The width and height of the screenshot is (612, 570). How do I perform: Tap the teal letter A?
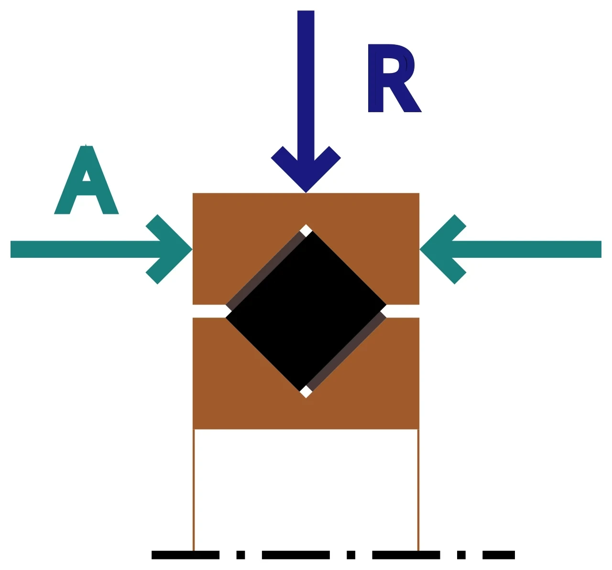pyautogui.click(x=86, y=180)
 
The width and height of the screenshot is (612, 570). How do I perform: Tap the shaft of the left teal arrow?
pyautogui.click(x=86, y=249)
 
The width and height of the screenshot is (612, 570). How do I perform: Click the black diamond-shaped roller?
pyautogui.click(x=306, y=311)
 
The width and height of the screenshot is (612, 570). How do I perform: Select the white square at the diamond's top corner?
pyautogui.click(x=306, y=231)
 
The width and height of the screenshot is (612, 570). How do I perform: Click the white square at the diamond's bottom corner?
pyautogui.click(x=306, y=392)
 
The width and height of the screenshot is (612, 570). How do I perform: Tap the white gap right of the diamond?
pyautogui.click(x=402, y=311)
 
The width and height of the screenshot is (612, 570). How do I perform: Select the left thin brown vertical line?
pyautogui.click(x=194, y=490)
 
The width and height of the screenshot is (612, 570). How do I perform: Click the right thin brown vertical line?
pyautogui.click(x=418, y=490)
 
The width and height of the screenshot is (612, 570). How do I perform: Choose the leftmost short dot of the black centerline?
pyautogui.click(x=240, y=555)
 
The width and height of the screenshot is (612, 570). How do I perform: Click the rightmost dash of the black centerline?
pyautogui.click(x=499, y=555)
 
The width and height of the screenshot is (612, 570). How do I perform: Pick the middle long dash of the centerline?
pyautogui.click(x=296, y=555)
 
